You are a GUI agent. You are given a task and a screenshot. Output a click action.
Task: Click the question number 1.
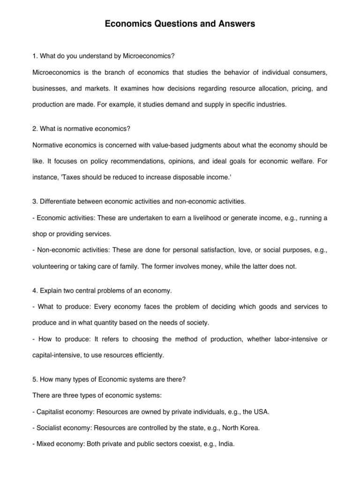pos(35,56)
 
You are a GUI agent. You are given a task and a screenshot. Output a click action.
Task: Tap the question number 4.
pos(35,291)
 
